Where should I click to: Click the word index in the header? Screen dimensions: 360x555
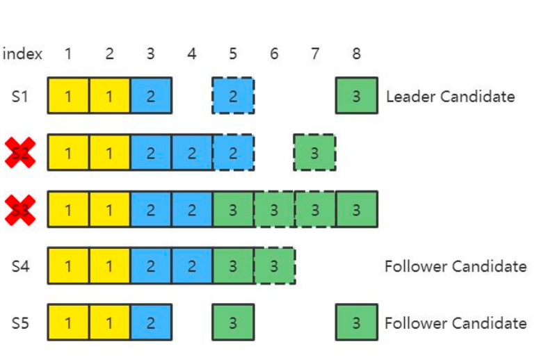22,54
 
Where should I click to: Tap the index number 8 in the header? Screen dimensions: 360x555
356,54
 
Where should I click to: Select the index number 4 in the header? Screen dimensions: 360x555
191,54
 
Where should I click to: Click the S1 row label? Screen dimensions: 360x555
20,96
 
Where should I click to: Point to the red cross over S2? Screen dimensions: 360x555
20,153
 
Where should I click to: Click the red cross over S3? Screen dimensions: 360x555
20,209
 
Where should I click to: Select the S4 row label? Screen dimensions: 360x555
20,266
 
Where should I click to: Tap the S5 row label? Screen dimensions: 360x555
20,322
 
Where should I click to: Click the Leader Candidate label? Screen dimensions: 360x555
450,97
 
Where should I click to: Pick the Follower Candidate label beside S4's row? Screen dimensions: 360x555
455,266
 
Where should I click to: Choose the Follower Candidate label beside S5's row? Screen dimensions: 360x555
455,322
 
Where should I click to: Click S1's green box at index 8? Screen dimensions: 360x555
356,96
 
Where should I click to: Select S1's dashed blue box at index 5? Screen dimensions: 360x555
233,96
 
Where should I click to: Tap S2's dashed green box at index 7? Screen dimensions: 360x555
314,153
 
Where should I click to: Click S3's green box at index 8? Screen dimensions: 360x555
356,209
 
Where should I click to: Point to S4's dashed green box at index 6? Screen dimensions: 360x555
274,266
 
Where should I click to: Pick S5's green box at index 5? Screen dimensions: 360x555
233,322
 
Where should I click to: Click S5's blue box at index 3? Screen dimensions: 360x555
151,322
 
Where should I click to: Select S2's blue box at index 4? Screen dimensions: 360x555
192,153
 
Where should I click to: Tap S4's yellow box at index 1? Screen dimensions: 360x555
68,266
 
